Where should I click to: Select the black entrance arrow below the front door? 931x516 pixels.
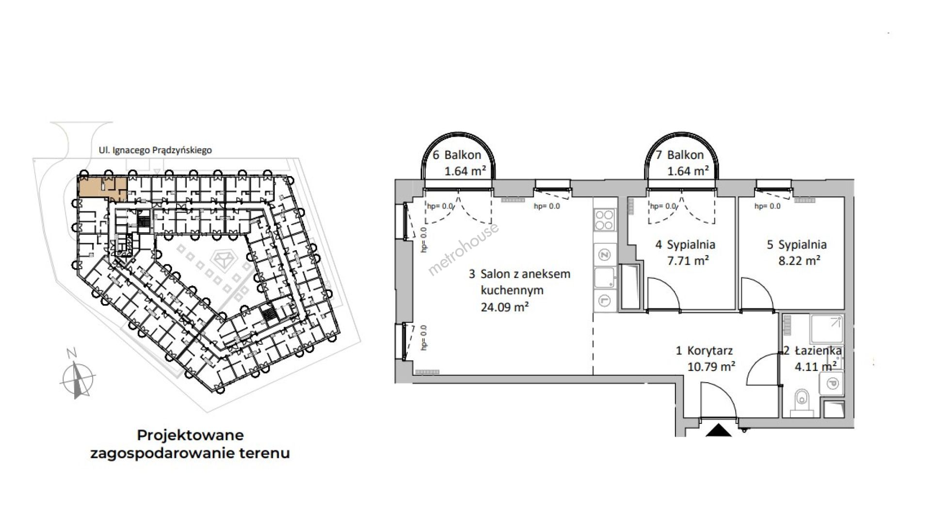(718, 430)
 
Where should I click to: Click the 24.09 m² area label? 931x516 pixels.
(504, 306)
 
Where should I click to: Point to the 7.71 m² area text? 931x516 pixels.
(688, 260)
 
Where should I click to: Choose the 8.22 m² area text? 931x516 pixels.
(799, 260)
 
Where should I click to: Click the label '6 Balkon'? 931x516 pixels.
(457, 155)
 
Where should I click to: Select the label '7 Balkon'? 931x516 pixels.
(679, 155)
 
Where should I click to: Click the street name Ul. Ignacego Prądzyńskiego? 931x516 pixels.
(155, 150)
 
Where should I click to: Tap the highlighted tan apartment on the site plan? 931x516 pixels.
(102, 189)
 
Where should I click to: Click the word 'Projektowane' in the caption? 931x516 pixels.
(190, 435)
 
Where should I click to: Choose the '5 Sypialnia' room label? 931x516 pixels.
(797, 244)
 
